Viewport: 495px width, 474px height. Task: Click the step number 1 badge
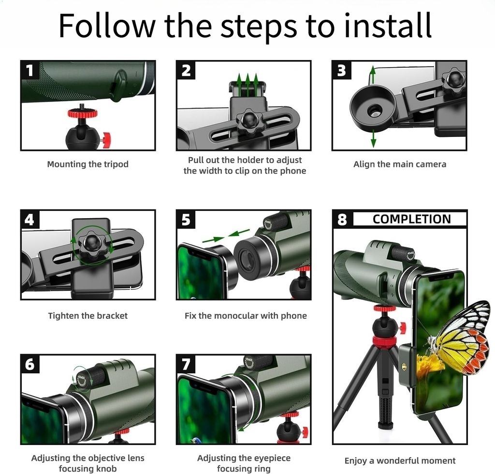29,71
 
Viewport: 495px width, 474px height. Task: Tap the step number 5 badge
186,220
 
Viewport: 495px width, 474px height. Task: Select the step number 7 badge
186,364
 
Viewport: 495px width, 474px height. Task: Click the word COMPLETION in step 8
412,219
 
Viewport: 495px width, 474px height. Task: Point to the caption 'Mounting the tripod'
88,164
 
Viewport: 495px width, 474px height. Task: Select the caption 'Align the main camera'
400,164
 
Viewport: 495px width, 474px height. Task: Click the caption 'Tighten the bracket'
88,316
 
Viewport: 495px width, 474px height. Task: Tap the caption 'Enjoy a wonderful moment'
400,461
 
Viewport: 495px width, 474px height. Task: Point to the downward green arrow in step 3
374,138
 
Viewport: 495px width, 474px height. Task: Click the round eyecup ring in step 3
373,108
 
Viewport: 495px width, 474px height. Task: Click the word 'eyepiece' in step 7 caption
271,458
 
